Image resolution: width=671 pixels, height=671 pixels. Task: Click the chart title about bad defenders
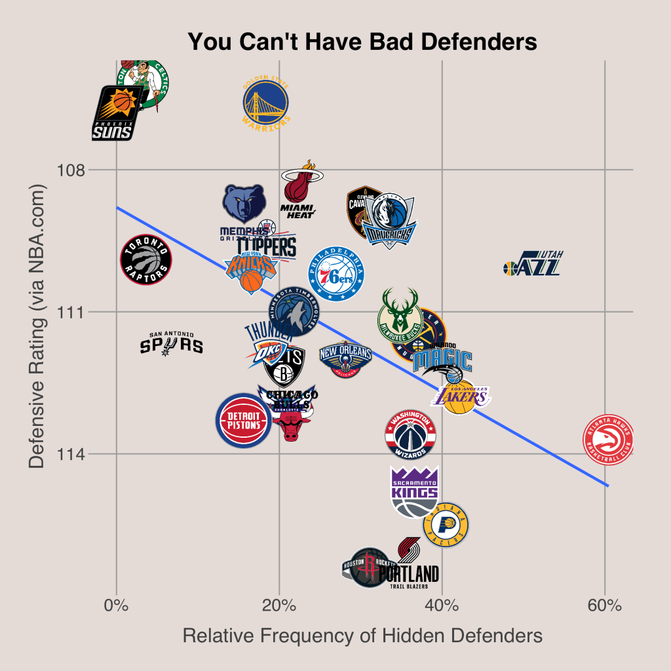point(362,42)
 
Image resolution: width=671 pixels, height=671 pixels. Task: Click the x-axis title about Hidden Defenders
point(362,636)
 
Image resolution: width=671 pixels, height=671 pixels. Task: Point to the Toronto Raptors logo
point(145,259)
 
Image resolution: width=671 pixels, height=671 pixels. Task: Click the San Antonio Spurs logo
point(172,343)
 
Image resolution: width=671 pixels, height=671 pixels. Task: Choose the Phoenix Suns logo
point(115,113)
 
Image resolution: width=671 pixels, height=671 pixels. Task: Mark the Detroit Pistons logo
point(244,420)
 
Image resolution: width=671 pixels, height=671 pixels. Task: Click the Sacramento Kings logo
point(414,491)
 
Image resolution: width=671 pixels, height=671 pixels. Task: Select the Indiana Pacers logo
point(446,524)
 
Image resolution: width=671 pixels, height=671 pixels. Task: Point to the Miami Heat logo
point(299,190)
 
